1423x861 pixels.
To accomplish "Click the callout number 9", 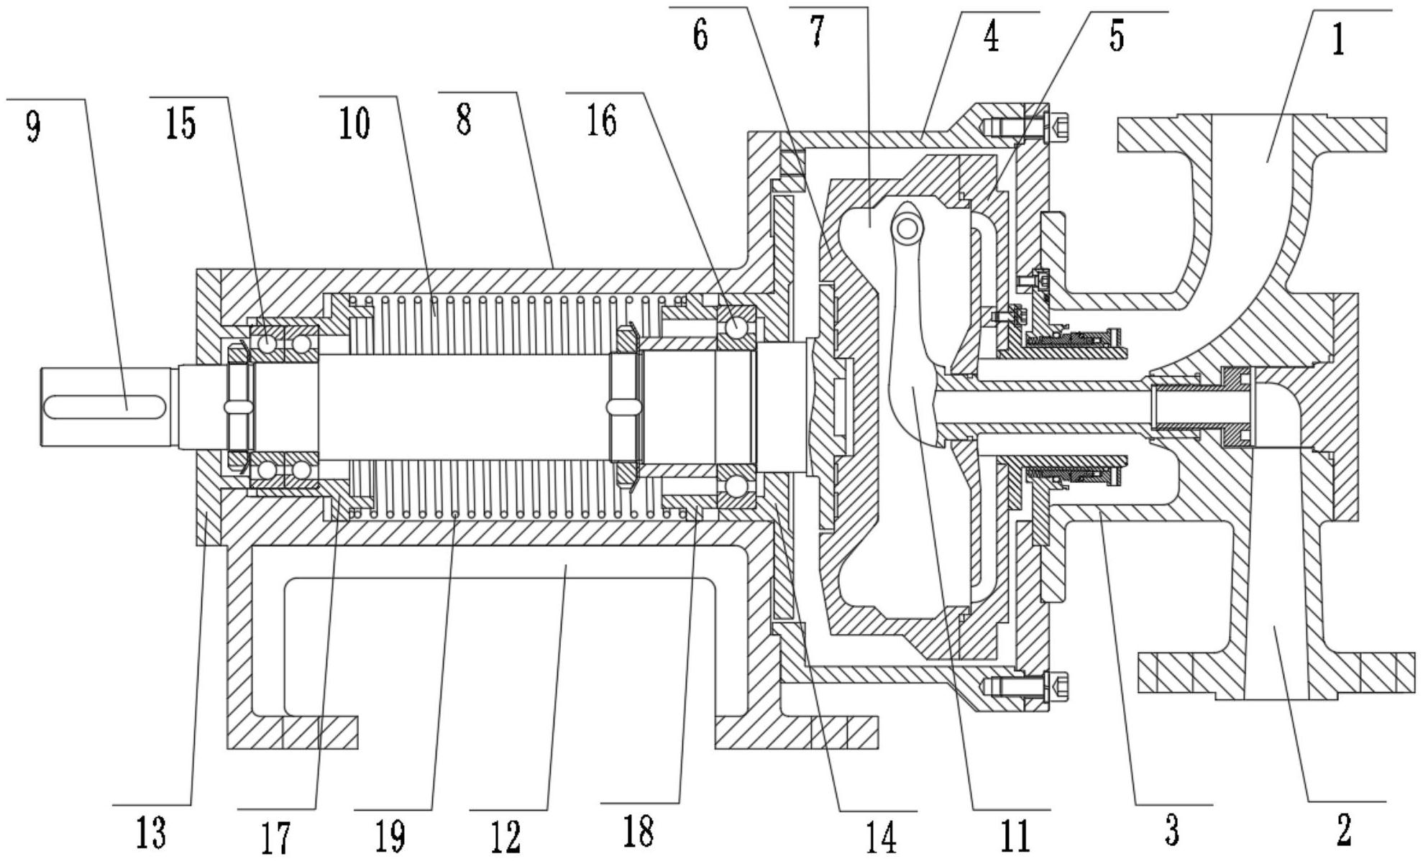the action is [33, 126].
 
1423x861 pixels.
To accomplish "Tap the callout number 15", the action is [181, 123].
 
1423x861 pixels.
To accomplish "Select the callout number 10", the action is [354, 123].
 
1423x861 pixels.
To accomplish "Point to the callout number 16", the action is [602, 121].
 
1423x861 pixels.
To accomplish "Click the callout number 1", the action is [1338, 40].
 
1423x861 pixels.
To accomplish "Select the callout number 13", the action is [151, 834].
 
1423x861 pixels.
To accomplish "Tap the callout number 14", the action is [882, 837].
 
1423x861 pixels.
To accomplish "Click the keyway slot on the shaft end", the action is [105, 406].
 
